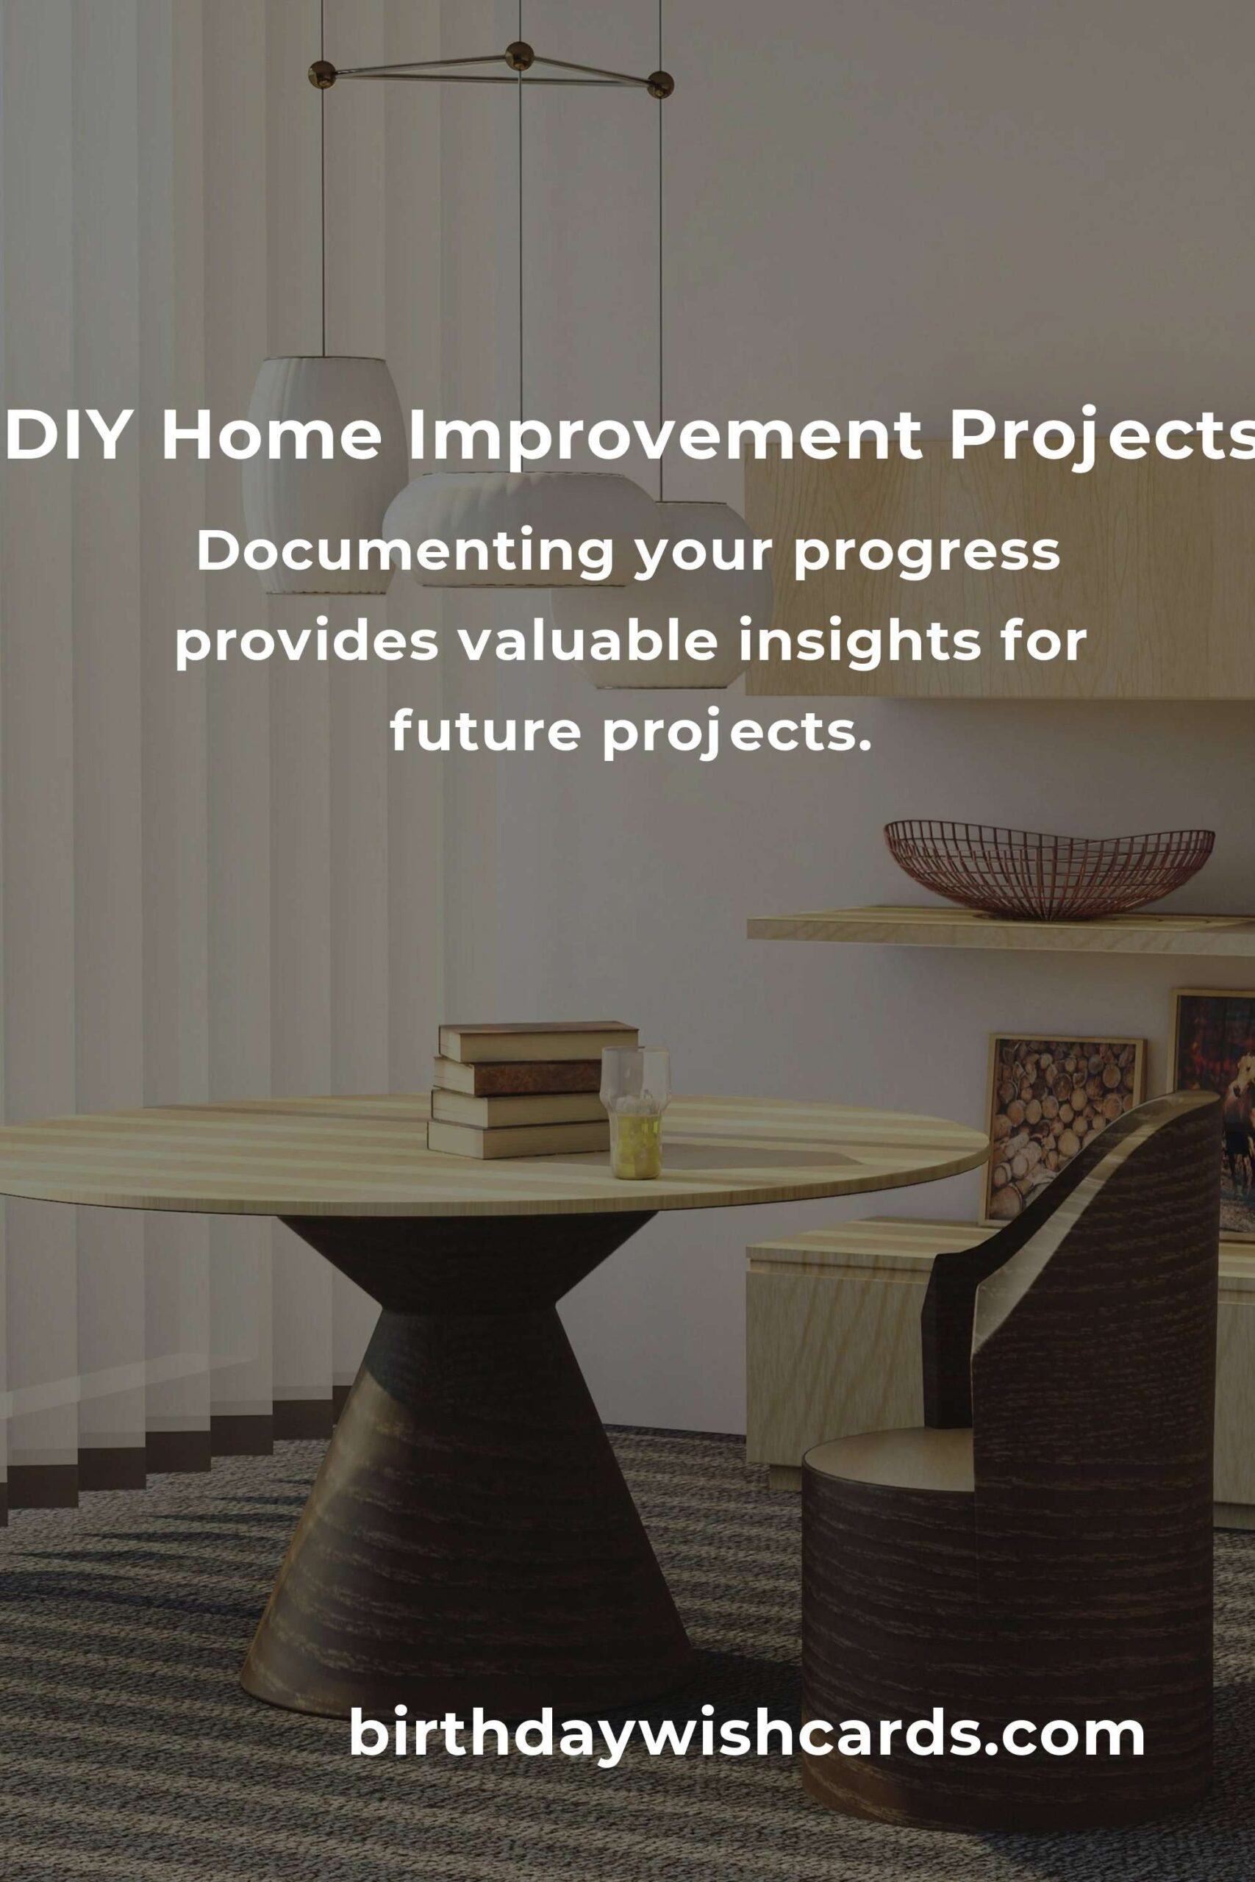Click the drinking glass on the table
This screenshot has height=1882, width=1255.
(x=635, y=1113)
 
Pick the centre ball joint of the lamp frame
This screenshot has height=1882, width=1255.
(x=521, y=55)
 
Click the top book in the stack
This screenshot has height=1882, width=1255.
(x=538, y=1040)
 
